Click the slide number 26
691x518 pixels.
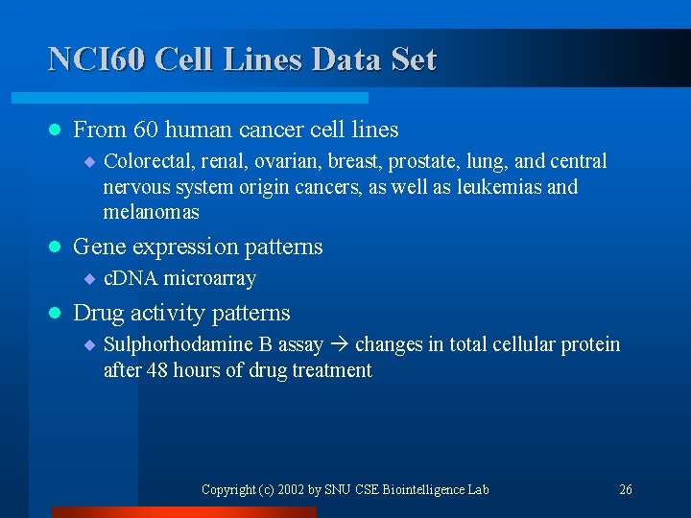coord(626,489)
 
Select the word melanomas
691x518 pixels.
coord(151,211)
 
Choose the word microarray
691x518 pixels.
coord(209,279)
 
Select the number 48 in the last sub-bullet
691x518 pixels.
coord(155,369)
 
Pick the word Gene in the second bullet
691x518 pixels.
coord(99,247)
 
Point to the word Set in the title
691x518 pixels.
coord(414,59)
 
